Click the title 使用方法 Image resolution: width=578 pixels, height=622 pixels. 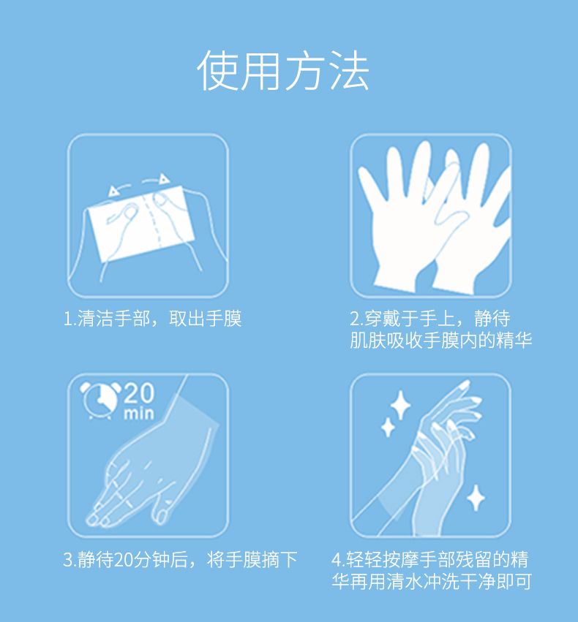pos(283,71)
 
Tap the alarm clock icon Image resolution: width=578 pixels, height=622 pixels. pos(100,400)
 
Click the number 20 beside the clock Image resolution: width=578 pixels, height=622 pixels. pos(138,393)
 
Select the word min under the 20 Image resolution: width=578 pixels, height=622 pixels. pos(138,414)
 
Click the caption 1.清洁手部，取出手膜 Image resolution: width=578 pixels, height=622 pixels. pos(152,319)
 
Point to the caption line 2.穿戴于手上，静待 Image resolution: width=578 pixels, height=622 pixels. pos(430,319)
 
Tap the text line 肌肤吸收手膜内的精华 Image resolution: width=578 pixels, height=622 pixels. pos(440,340)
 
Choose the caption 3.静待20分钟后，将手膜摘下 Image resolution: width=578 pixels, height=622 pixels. pos(180,560)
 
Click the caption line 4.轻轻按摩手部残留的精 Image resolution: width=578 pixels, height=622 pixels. pos(431,560)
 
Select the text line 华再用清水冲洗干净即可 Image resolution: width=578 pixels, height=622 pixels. pos(432,581)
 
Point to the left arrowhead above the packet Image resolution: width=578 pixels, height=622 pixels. pos(114,191)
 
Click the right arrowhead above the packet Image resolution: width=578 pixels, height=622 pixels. pos(164,179)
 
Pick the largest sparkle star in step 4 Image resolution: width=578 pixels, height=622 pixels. pos(400,405)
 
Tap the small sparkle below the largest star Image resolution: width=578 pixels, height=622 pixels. pos(388,428)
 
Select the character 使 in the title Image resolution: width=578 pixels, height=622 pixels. pos(218,71)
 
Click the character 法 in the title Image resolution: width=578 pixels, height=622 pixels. pos(348,71)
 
